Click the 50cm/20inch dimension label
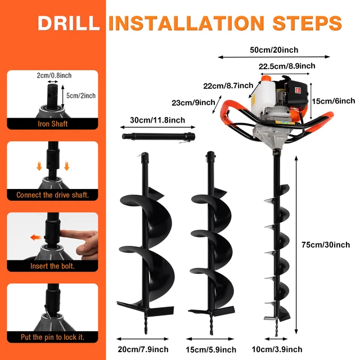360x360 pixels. (273, 49)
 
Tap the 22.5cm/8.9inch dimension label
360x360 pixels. (283, 66)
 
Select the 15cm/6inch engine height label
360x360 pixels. (333, 101)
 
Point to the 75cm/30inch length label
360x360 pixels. (326, 245)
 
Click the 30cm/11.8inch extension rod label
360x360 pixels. (157, 120)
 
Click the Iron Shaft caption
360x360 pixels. (52, 124)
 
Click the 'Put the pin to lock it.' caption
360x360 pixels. (52, 337)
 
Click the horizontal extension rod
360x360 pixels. (158, 136)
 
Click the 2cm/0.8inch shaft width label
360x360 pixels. (54, 75)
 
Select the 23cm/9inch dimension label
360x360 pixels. (193, 102)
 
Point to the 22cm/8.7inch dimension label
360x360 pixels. (227, 85)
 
